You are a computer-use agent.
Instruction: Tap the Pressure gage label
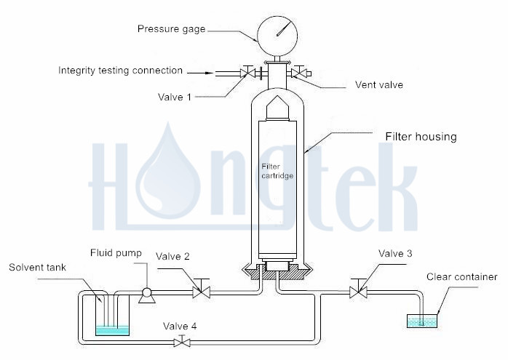172,29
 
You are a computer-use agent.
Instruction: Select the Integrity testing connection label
121,71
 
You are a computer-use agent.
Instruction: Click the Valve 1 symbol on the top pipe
247,73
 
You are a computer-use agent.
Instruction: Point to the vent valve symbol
298,73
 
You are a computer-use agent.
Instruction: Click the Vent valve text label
378,84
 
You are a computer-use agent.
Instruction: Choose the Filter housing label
421,136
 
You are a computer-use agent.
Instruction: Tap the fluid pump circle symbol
146,292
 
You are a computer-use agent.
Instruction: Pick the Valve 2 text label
173,256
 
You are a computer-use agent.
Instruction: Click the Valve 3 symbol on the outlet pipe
356,292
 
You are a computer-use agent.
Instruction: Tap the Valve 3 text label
396,253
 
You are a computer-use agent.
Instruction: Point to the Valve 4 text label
179,325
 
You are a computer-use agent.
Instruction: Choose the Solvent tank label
37,268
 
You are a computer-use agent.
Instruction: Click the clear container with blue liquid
422,321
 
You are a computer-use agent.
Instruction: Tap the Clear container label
462,276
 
